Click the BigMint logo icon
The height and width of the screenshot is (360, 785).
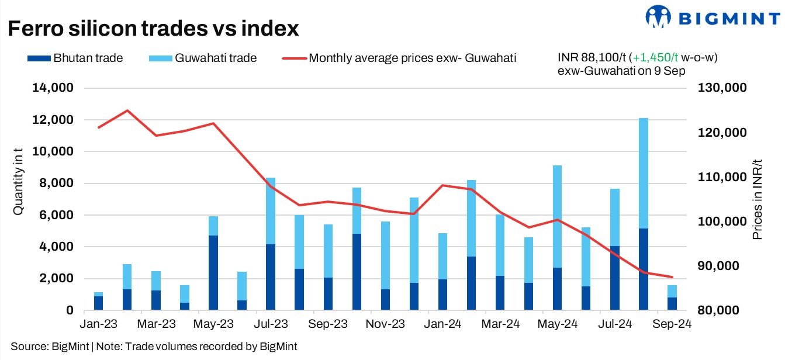659,18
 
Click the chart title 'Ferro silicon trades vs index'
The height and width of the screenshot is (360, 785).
153,29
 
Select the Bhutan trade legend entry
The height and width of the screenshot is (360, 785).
75,58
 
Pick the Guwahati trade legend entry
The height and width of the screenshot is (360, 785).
205,58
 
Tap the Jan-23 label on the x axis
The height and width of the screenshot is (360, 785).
98,324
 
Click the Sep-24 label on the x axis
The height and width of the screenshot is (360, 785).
672,324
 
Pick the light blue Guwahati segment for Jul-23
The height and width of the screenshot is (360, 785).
270,211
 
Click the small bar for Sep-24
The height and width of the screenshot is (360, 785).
672,297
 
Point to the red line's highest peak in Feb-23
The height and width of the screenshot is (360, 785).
127,110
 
